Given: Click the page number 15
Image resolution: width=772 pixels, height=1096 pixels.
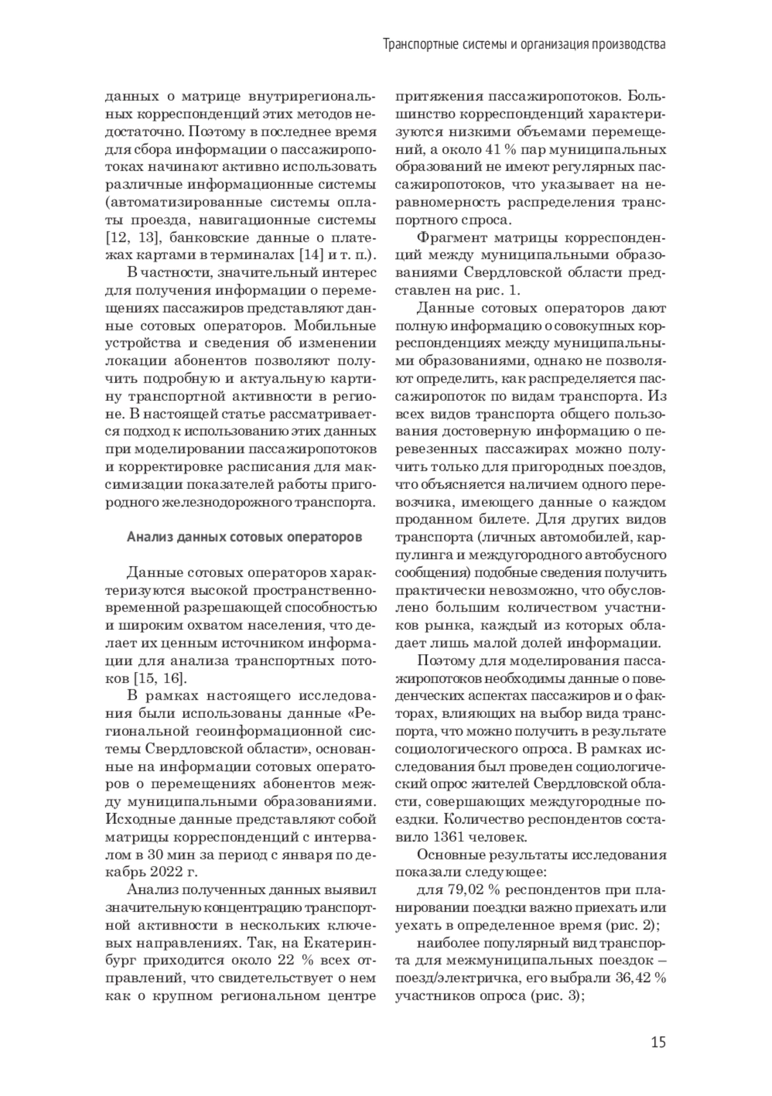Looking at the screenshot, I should (x=657, y=1042).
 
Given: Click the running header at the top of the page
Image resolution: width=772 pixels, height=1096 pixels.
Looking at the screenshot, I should (x=524, y=46).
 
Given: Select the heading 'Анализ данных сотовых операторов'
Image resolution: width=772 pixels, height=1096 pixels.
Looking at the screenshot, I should (x=244, y=536).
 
